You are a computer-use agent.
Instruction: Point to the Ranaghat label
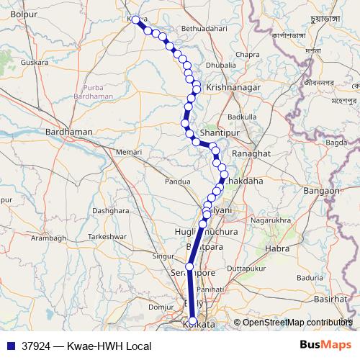(249, 154)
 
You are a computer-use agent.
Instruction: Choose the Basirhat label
(330, 298)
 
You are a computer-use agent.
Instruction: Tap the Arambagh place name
(49, 238)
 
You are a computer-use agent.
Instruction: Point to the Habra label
(277, 249)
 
